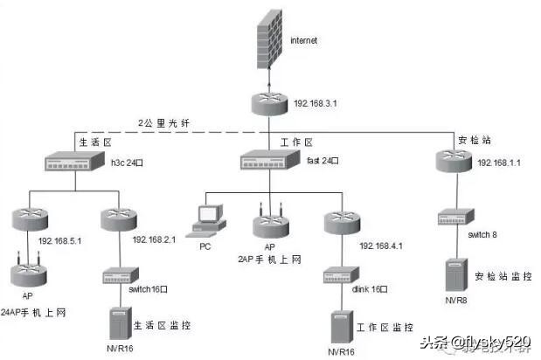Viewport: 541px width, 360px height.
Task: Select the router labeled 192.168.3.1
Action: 268,104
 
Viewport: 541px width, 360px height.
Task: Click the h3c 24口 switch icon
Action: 74,162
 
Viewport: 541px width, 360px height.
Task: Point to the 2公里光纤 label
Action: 164,122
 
